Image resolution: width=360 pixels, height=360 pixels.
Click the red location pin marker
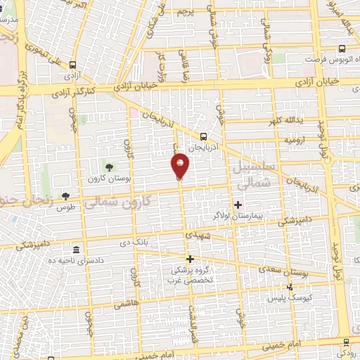coord(181,165)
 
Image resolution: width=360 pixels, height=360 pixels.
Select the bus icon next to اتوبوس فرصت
coord(341,49)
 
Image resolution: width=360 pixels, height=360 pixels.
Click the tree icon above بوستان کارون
coord(109,165)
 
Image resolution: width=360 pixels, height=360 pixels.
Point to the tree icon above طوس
coord(66,196)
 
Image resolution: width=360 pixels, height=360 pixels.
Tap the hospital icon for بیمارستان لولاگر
coord(238,205)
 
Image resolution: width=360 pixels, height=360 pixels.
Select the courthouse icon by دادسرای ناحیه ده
coord(77,250)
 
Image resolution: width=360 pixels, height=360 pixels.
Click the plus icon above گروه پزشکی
coord(189,259)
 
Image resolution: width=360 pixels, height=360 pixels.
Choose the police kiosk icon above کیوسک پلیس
coord(291,286)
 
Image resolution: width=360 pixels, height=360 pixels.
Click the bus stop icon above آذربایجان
coord(203,137)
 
